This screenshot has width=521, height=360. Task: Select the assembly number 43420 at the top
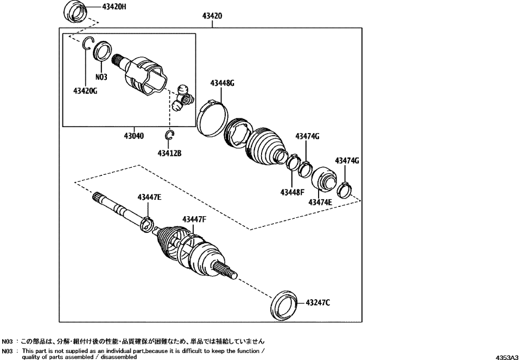point(212,16)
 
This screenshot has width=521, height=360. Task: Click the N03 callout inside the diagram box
point(101,77)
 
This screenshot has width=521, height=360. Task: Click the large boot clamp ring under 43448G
point(211,117)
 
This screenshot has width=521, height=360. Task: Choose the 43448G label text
point(223,83)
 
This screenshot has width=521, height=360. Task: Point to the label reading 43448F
point(294,192)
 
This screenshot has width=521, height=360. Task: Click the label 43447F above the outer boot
point(194,219)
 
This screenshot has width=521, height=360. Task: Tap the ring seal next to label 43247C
point(284,306)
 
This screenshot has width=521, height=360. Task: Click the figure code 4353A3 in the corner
point(506,357)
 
